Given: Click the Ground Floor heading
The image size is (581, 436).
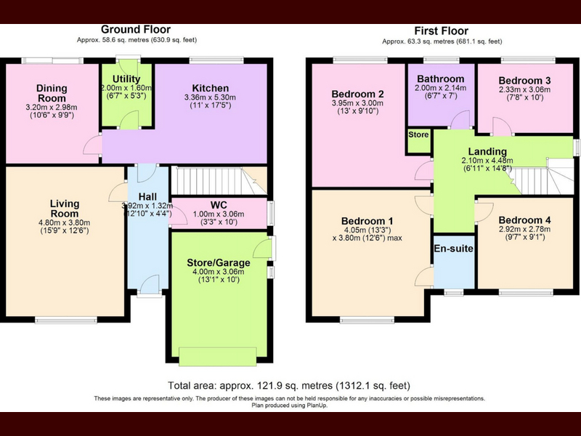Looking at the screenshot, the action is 136,29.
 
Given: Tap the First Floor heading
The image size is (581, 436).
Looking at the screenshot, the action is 441,31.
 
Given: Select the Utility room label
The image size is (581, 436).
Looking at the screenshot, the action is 126,79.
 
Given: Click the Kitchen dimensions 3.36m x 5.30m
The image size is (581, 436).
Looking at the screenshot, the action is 210,97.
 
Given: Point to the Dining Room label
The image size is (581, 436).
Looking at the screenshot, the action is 52,93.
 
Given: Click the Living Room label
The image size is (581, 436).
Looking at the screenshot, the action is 65,209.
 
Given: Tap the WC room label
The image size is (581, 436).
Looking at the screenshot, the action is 219,206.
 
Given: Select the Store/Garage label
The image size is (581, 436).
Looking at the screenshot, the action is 219,263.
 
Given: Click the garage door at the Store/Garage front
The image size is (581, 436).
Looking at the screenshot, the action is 217,357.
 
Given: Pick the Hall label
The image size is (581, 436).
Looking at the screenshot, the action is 147,197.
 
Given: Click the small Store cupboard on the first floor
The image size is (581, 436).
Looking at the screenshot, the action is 419,140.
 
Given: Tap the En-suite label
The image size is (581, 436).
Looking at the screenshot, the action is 453,249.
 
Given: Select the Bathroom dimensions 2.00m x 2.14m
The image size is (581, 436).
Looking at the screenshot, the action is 441,88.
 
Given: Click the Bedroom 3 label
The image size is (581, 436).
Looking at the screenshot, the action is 524,81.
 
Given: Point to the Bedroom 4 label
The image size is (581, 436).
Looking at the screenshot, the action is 524,220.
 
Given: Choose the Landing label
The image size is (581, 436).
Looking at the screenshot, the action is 487,151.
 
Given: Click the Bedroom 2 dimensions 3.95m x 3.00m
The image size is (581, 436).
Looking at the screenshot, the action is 357,103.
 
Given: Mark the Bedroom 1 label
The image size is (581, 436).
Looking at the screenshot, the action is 367,222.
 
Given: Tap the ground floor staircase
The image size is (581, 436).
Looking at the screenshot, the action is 219,180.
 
